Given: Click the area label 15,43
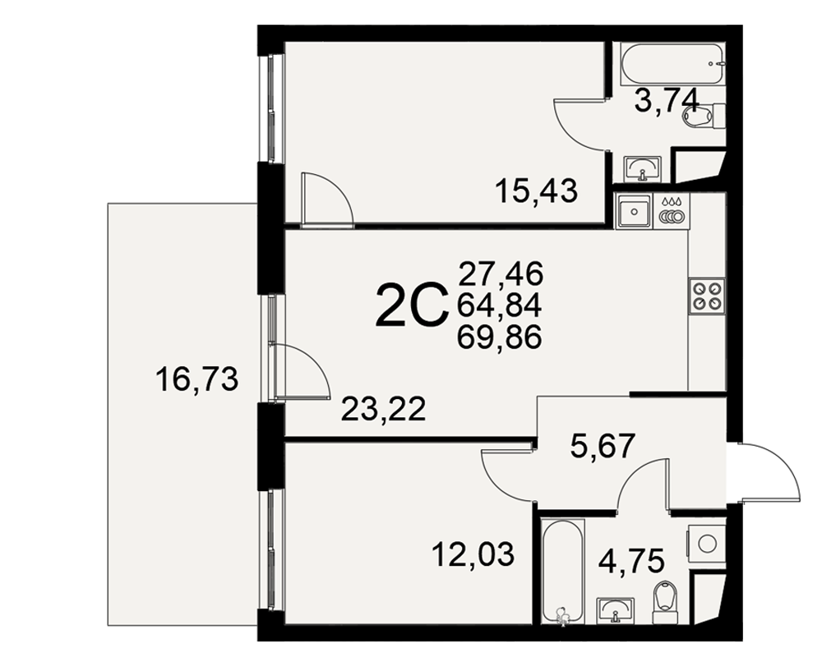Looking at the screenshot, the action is pos(536,191).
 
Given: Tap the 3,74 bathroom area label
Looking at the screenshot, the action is pos(667,100).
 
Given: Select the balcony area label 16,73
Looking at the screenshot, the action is pos(197,379).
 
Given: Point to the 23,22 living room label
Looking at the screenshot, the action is pos(383,409).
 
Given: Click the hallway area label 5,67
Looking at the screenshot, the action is pos(603,445).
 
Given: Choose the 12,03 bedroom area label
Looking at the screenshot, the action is pos(473,554).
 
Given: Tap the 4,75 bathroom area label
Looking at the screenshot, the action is pos(631,561).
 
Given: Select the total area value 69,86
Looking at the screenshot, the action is pos(499,338).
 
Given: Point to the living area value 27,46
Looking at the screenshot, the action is pos(501,273).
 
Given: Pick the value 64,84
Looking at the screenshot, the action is pos(499,306).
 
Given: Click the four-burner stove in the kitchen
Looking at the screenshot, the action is pos(708,296).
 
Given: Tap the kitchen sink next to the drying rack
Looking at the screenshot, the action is pos(635,211).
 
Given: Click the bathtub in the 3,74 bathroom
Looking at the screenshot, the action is pos(673,63).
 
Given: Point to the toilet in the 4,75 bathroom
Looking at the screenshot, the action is pos(664,603).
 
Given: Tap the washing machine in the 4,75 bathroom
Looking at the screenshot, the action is pos(707,544).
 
